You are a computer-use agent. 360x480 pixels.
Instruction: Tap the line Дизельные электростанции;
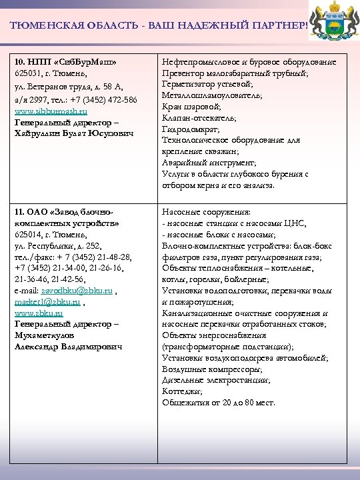(x=217, y=380)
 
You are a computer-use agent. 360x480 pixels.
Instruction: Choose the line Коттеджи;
(x=181, y=391)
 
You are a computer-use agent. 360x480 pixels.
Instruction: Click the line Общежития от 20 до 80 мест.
(x=219, y=403)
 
